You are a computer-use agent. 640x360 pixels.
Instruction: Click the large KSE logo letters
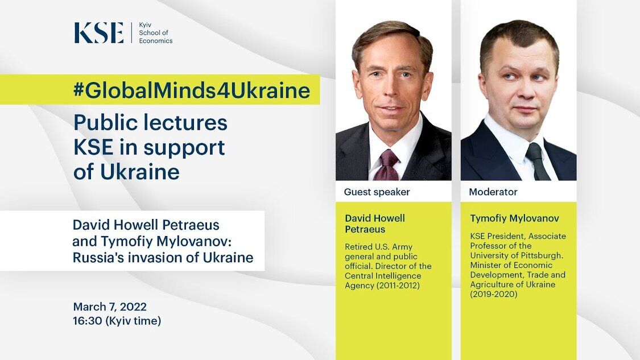[99, 32]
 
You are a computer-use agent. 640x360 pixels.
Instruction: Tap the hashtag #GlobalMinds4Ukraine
[191, 90]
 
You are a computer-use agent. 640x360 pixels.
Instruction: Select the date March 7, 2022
[110, 307]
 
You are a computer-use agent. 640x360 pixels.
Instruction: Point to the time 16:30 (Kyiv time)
[117, 321]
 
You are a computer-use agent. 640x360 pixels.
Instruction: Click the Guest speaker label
[377, 192]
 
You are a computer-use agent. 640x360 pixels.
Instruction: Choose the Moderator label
[493, 192]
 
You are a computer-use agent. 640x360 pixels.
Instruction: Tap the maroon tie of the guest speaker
[386, 165]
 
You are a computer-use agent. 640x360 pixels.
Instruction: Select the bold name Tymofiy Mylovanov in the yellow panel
[514, 218]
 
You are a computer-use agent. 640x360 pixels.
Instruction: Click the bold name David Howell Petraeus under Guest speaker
[375, 224]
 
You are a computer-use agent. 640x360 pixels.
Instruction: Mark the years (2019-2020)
[493, 294]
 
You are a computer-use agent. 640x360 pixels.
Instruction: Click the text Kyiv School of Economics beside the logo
[155, 32]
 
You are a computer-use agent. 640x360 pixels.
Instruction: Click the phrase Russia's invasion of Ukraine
[163, 258]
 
